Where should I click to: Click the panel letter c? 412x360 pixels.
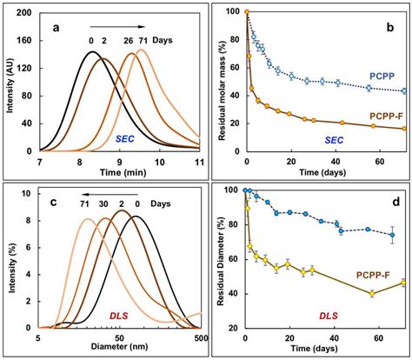pyautogui.click(x=57, y=203)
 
